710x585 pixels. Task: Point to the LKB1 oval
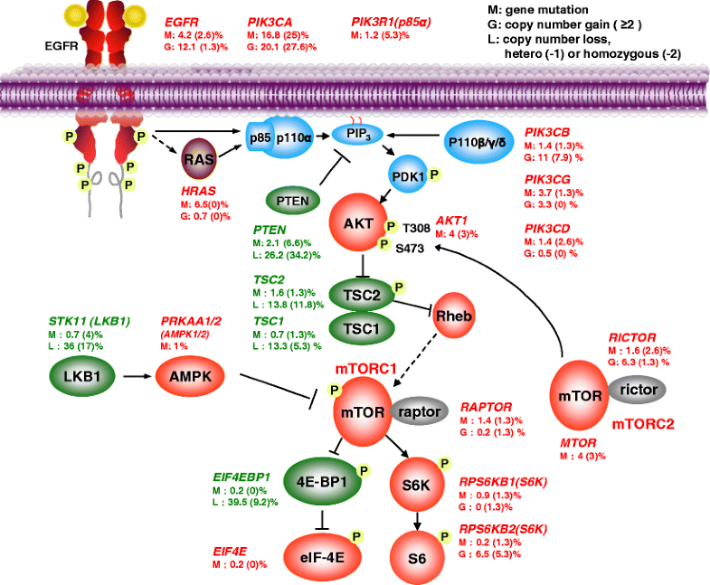[81, 372]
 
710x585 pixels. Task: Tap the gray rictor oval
[638, 389]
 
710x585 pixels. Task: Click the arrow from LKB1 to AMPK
[135, 372]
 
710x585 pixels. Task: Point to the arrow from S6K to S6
[418, 518]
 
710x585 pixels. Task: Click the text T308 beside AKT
[419, 228]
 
